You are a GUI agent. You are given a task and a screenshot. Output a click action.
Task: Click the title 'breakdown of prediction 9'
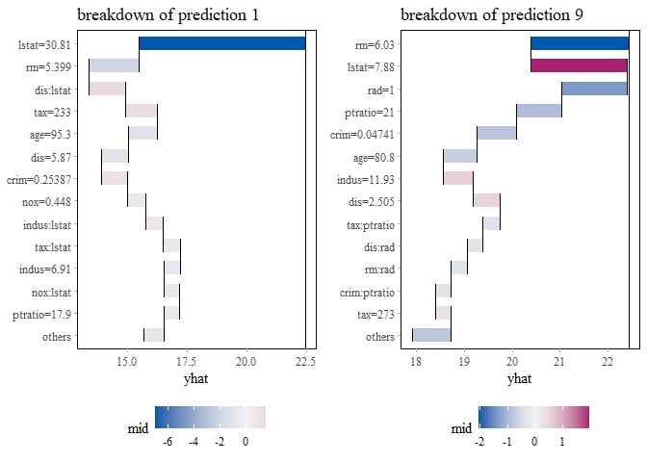pyautogui.click(x=491, y=14)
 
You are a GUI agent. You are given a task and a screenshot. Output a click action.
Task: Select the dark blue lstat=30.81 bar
pyautogui.click(x=221, y=43)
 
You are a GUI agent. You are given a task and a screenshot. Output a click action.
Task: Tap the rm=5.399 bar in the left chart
pyautogui.click(x=114, y=66)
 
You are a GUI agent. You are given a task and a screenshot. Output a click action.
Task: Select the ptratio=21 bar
pyautogui.click(x=538, y=111)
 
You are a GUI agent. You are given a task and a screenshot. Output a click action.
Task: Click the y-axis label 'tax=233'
pyautogui.click(x=50, y=112)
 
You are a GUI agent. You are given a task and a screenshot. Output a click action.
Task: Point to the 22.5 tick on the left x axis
pyautogui.click(x=305, y=362)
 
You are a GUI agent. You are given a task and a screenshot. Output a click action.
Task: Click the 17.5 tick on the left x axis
pyautogui.click(x=186, y=362)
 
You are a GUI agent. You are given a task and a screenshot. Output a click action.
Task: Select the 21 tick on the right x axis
pyautogui.click(x=559, y=362)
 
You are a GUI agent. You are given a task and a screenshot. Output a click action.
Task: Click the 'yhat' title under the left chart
pyautogui.click(x=197, y=379)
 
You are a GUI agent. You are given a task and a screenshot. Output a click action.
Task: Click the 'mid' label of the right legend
pyautogui.click(x=462, y=429)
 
